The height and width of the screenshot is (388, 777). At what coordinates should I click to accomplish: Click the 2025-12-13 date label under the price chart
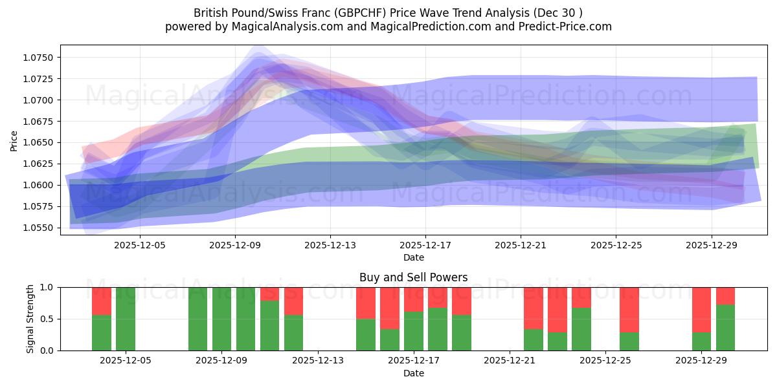point(330,246)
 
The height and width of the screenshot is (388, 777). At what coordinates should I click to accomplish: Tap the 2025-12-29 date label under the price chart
point(711,246)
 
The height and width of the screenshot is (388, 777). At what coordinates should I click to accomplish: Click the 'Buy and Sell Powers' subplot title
point(413,277)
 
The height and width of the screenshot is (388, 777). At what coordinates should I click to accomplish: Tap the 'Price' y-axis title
point(14,140)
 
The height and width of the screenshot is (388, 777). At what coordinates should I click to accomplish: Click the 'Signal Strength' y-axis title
point(30,319)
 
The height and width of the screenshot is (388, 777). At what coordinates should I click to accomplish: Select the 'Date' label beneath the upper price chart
point(413,257)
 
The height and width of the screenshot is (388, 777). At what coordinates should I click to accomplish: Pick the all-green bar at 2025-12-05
point(126,319)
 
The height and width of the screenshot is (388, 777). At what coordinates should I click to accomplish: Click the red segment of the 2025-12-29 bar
point(702,309)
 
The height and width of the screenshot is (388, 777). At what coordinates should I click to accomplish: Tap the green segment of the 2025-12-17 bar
point(414,331)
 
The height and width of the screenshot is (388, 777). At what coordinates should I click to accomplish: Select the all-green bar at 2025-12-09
point(221,319)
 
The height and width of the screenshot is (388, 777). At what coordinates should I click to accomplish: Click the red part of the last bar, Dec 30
point(726,296)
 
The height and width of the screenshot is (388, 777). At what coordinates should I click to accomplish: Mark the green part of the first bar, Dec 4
point(102,333)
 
